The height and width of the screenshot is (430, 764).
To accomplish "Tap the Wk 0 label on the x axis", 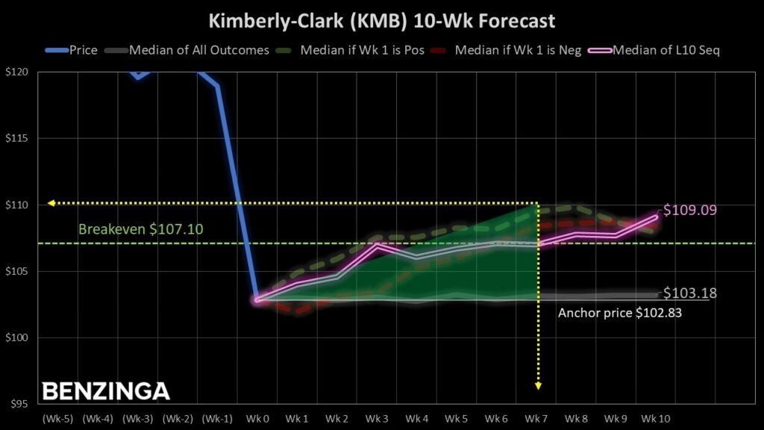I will (x=257, y=419).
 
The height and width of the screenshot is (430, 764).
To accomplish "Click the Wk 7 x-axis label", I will (x=537, y=419).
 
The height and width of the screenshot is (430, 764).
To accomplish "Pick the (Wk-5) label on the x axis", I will (x=57, y=419).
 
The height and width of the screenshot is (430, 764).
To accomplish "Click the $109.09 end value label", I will (x=690, y=211).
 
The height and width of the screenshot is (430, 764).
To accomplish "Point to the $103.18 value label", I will (x=690, y=293).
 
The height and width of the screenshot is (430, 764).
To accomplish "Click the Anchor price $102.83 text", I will (x=620, y=314).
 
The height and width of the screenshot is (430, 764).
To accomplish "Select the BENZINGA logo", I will (x=105, y=391).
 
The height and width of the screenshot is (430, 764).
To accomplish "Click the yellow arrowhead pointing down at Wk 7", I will (x=538, y=385).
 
